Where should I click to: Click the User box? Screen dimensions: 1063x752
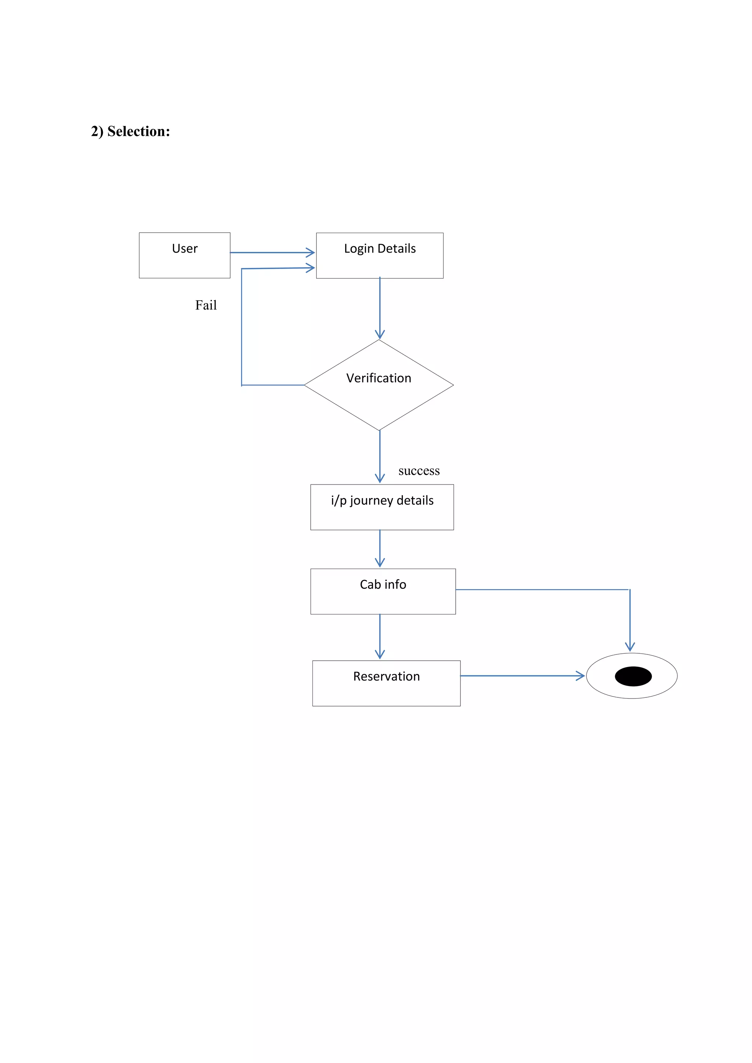click(184, 255)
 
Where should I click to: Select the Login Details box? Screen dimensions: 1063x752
click(379, 255)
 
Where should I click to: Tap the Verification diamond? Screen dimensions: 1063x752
click(379, 385)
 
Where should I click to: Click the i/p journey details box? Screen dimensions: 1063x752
click(382, 507)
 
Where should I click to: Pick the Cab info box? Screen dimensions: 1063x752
click(383, 591)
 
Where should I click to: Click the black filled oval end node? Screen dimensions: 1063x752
click(633, 676)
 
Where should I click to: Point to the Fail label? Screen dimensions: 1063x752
click(206, 305)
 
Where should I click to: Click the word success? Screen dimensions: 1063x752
click(419, 471)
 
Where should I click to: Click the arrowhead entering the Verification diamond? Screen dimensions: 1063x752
click(380, 335)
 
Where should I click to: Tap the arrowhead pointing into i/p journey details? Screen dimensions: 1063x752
click(380, 479)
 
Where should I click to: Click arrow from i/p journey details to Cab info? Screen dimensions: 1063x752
click(380, 549)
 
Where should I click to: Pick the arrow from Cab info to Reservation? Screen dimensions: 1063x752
click(380, 636)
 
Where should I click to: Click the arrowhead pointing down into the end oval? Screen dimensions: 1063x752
click(630, 647)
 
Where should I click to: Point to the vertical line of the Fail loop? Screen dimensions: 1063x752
click(241, 326)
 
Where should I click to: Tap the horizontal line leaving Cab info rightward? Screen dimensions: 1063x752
click(542, 589)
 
